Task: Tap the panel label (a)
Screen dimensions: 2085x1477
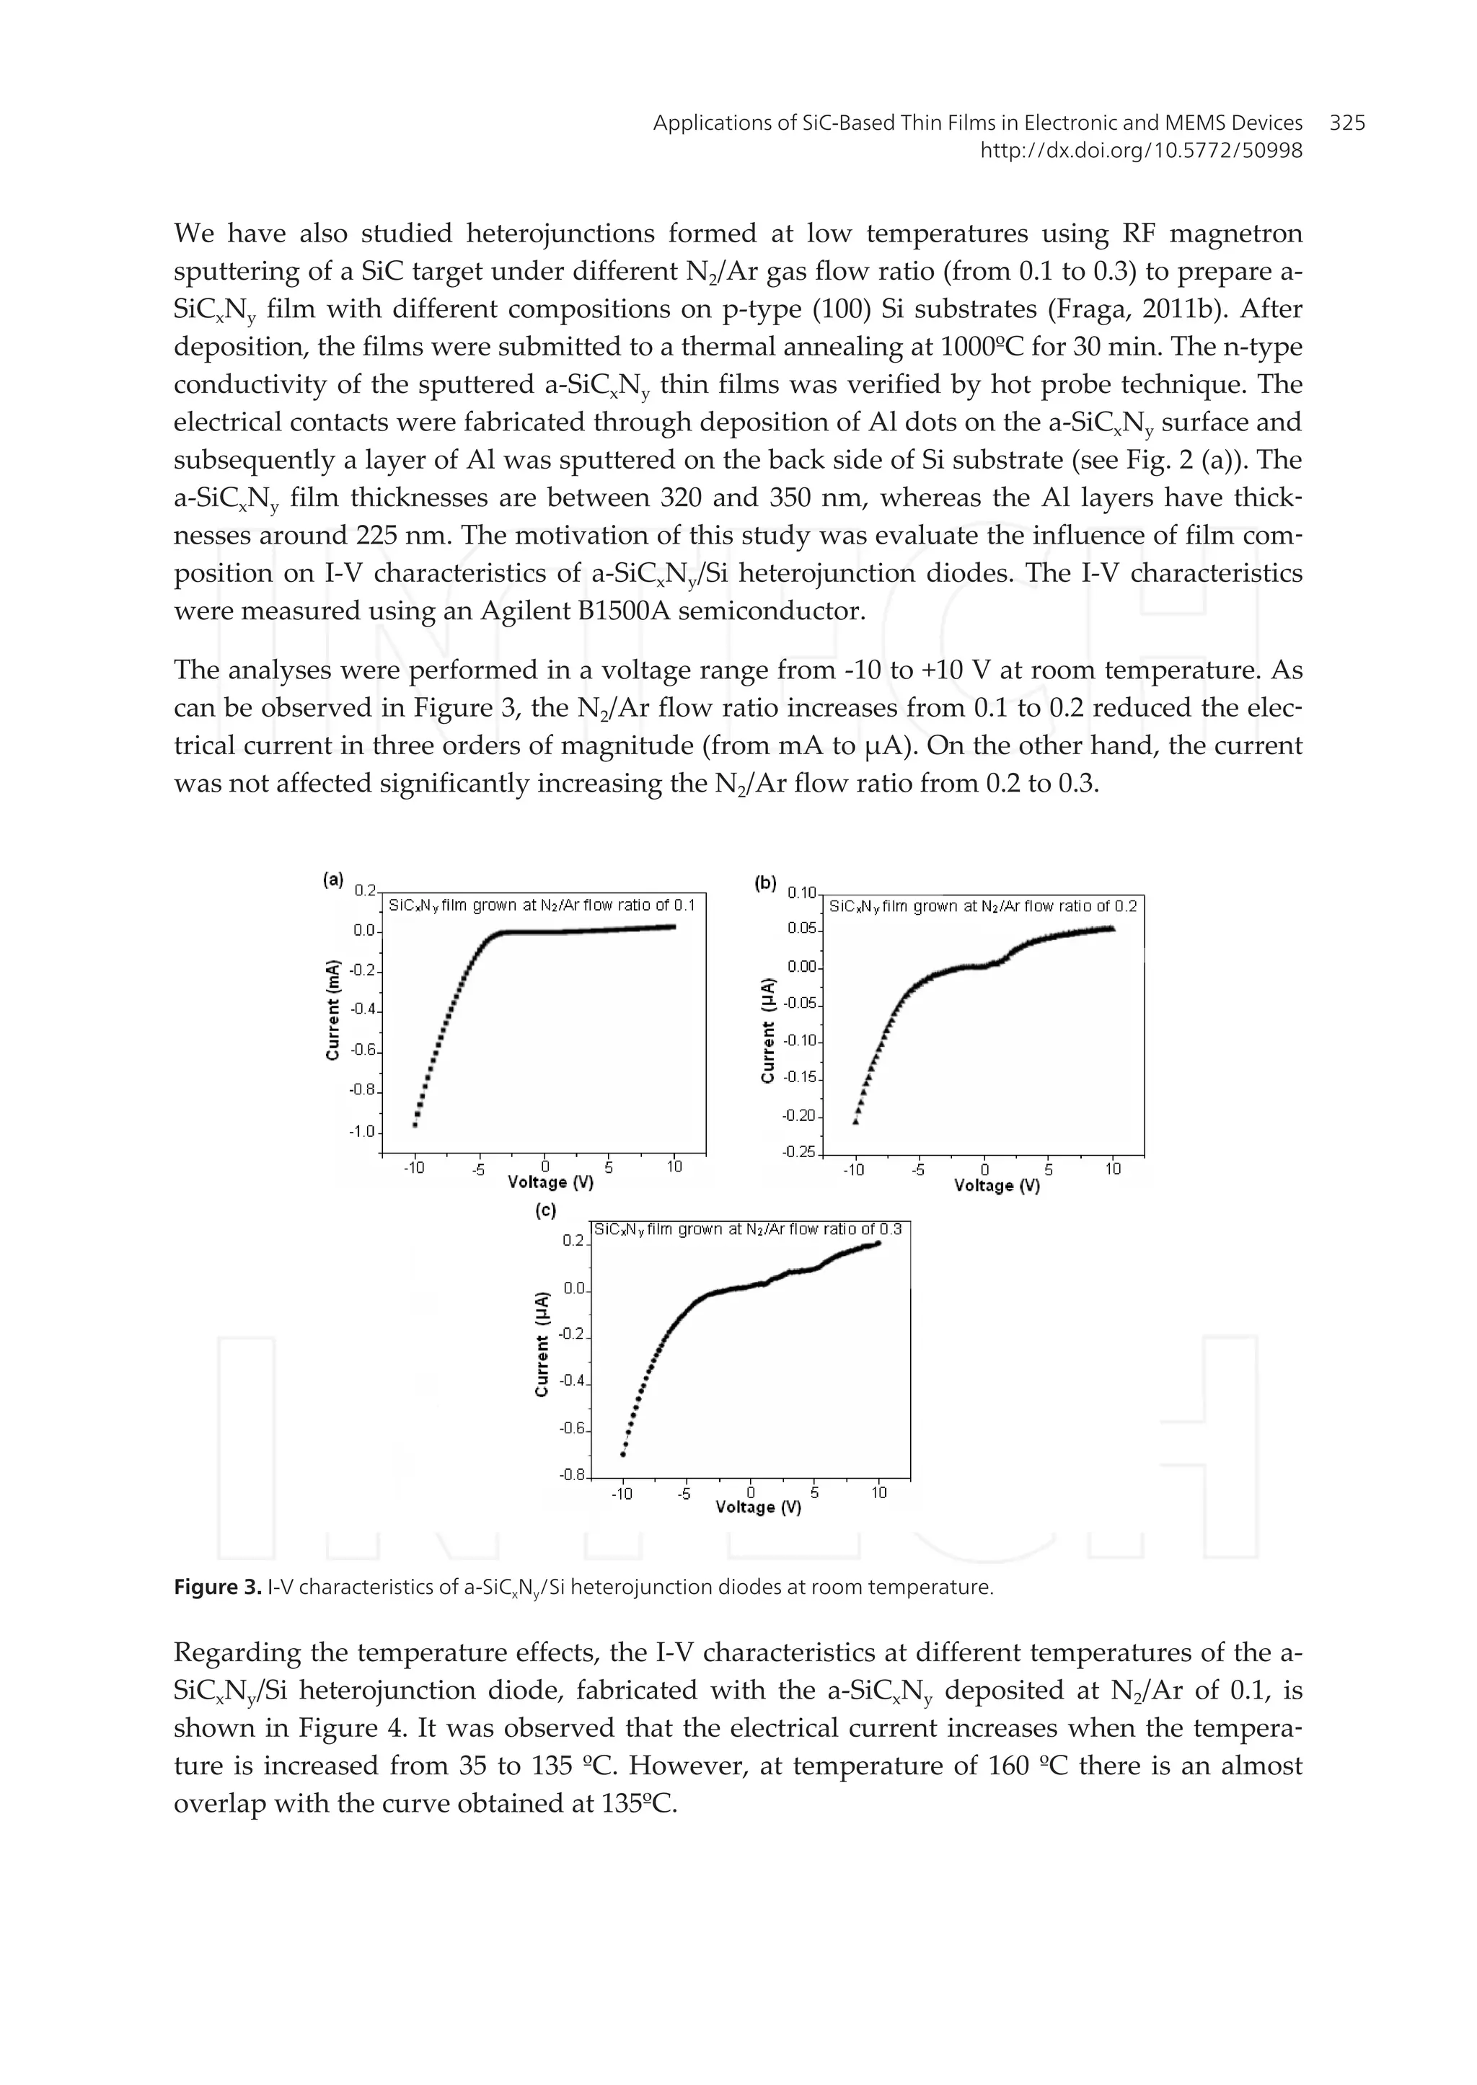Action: pyautogui.click(x=334, y=880)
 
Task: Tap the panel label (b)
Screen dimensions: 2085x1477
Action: pyautogui.click(x=766, y=882)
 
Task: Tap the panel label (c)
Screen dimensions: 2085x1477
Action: pyautogui.click(x=546, y=1210)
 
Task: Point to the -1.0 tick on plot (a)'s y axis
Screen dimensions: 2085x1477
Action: pyautogui.click(x=363, y=1132)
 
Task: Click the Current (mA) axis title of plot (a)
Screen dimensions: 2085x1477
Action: pyautogui.click(x=333, y=1009)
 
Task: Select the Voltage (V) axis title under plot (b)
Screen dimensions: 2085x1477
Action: pyautogui.click(x=996, y=1186)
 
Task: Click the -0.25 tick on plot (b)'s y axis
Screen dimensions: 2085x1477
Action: pyautogui.click(x=799, y=1152)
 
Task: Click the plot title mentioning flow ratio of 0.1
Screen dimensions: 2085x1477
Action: pyautogui.click(x=542, y=906)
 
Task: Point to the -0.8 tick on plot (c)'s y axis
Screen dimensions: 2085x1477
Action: pyautogui.click(x=573, y=1475)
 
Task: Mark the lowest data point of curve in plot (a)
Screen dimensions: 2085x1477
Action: pyautogui.click(x=415, y=1125)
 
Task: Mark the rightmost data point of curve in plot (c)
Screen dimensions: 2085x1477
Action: pyautogui.click(x=878, y=1243)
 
